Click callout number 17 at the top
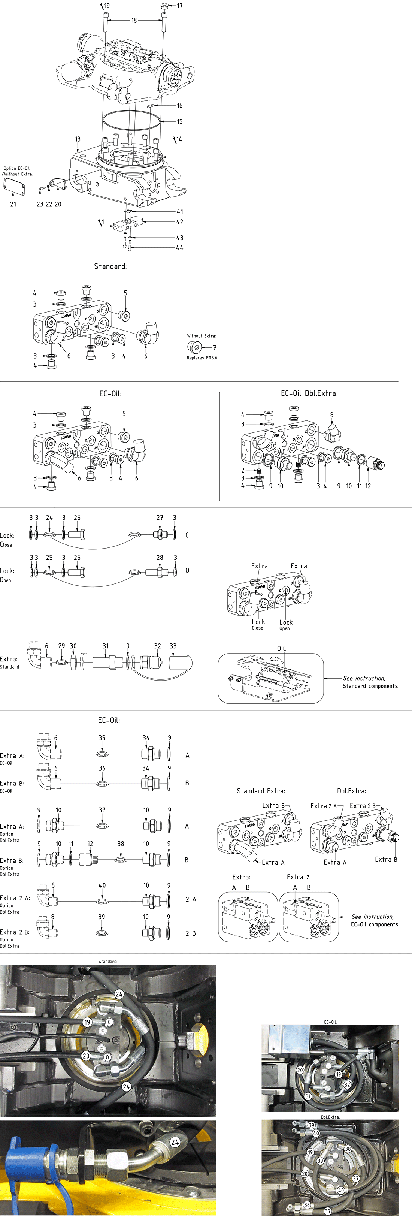click(x=180, y=6)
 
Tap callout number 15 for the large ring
click(x=179, y=121)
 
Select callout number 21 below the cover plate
click(x=13, y=204)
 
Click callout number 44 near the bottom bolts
click(x=179, y=248)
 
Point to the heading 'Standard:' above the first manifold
click(x=110, y=266)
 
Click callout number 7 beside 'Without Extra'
click(x=214, y=347)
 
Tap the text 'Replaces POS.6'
click(x=202, y=358)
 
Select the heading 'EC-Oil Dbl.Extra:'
click(x=309, y=393)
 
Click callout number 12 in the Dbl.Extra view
click(x=368, y=486)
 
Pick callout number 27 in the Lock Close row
click(x=160, y=518)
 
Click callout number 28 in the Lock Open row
click(x=160, y=558)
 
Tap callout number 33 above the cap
click(x=173, y=646)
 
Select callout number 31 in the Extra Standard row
click(x=106, y=646)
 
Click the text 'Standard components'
click(x=370, y=686)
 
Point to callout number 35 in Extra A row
click(x=102, y=738)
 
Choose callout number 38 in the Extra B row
click(x=121, y=844)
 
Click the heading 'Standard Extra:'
click(x=261, y=791)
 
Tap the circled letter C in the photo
click(x=109, y=1022)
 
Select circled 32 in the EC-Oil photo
click(x=347, y=1084)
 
